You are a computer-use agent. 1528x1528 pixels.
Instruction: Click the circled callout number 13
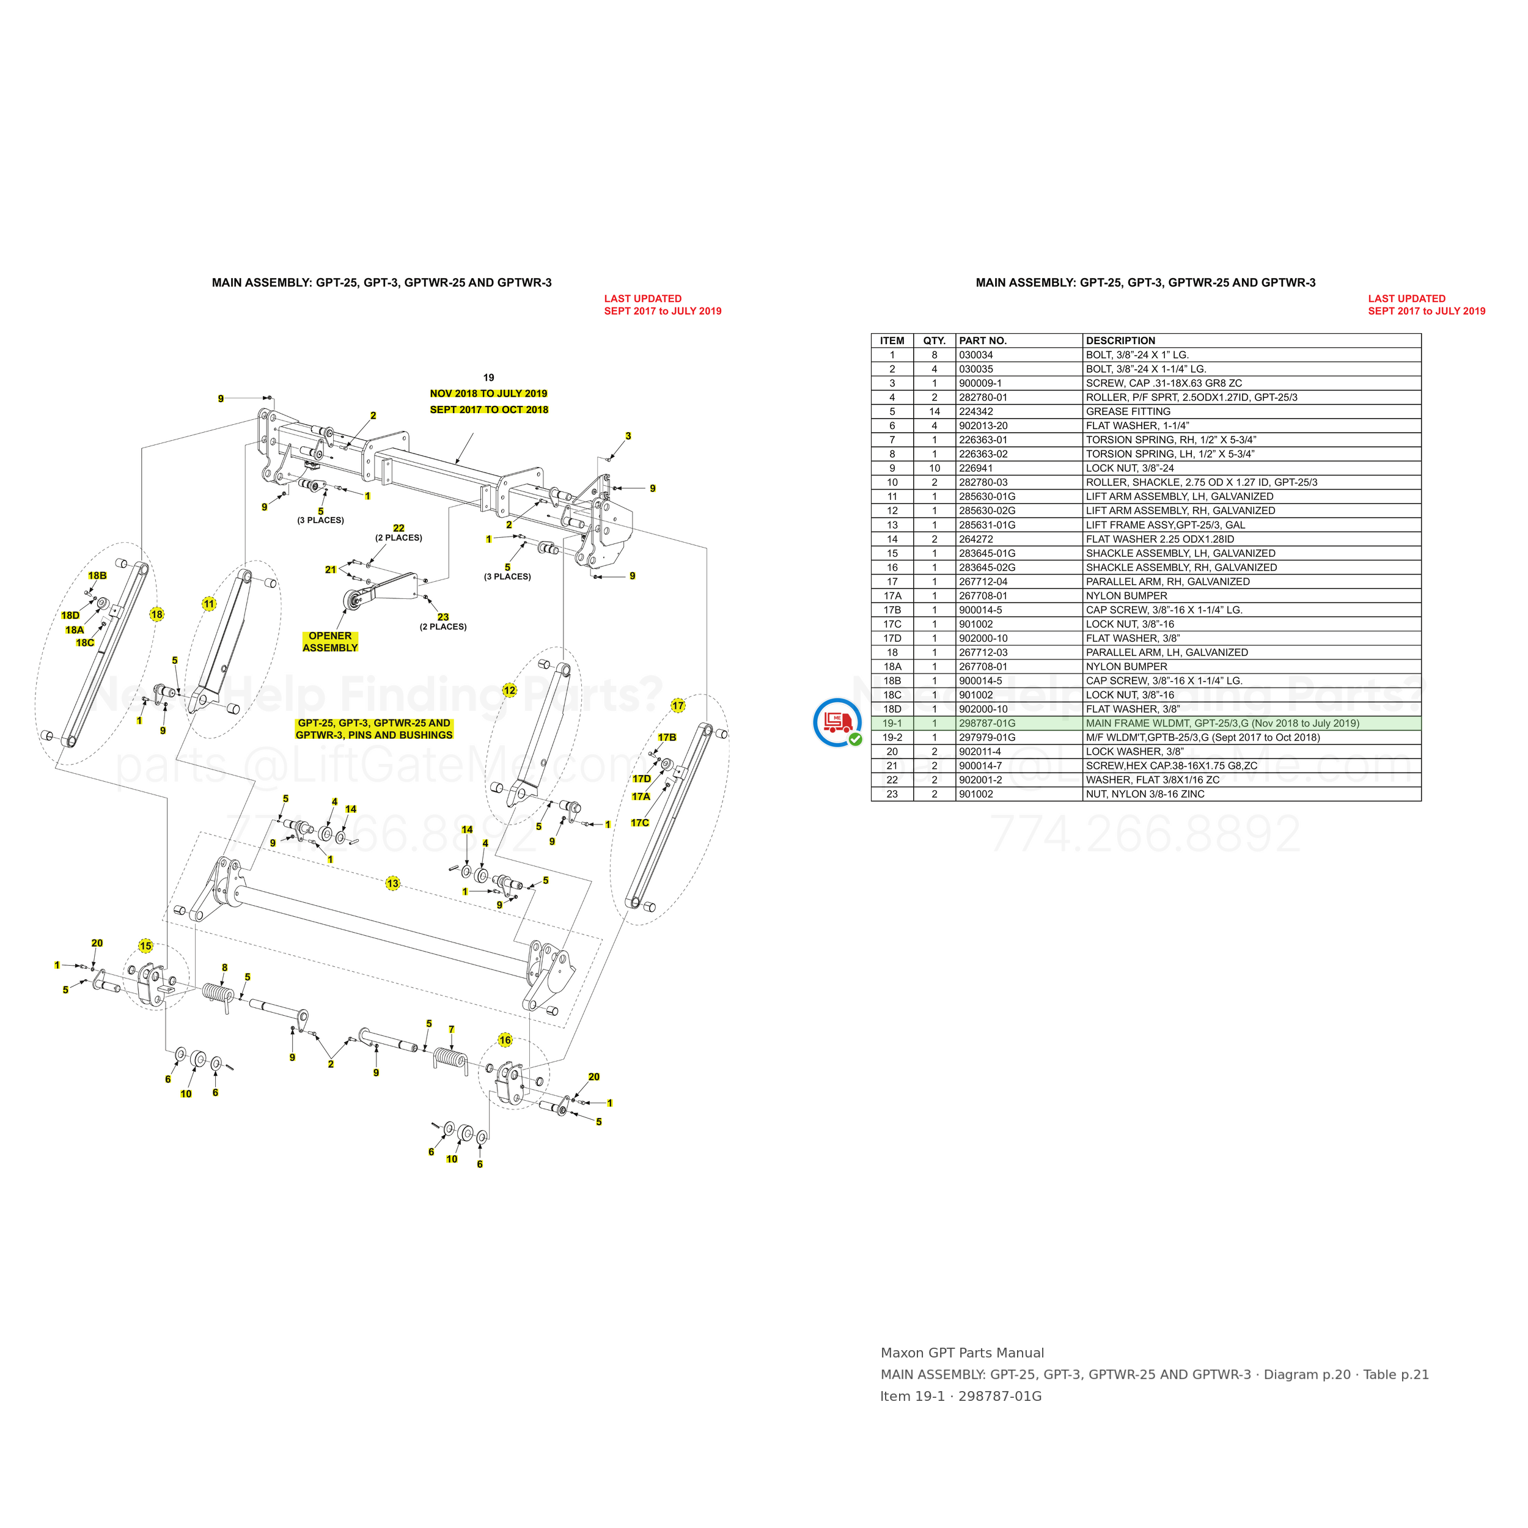click(393, 883)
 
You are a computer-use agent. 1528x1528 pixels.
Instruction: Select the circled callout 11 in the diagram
click(209, 603)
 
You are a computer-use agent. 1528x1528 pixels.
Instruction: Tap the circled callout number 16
click(505, 1040)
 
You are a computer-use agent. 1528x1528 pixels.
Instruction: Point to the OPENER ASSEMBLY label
click(331, 641)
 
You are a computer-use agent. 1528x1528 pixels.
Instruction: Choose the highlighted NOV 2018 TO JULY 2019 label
click(489, 393)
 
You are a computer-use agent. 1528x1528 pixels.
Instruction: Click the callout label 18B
click(97, 576)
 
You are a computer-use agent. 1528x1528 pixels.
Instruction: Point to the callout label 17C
click(640, 823)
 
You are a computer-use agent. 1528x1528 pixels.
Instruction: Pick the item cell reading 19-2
click(892, 737)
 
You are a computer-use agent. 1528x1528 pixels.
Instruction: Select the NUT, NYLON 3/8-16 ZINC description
click(1145, 794)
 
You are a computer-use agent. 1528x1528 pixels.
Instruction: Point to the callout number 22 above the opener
click(399, 528)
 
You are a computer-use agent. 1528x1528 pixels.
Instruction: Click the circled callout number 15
click(145, 946)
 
